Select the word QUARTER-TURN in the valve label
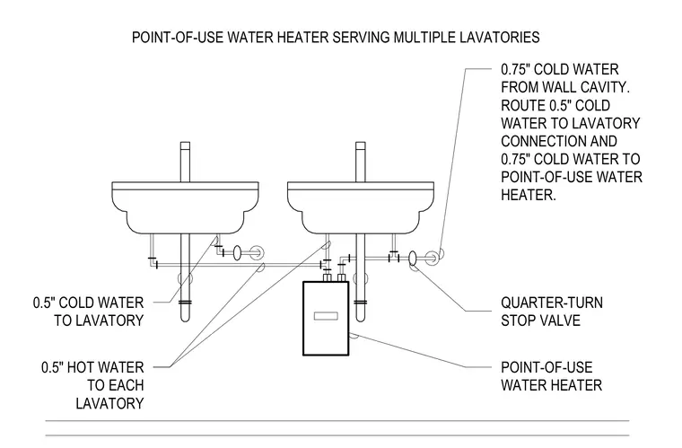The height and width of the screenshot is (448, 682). coord(552,303)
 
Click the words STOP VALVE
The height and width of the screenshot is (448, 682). coord(540,321)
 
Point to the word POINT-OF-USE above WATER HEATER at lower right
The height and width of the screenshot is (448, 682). coord(546,367)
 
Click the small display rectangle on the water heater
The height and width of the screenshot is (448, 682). coord(326,316)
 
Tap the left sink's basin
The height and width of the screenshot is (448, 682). coord(185,207)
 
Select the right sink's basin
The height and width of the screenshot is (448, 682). coord(361,207)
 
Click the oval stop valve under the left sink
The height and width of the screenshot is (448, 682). coord(237,252)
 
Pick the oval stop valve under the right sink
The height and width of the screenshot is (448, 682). coord(412,258)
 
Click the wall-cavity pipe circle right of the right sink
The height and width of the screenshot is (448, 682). coord(432,258)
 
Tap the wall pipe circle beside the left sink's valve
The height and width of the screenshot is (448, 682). coord(257,252)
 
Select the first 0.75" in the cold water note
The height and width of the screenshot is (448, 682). coord(515,70)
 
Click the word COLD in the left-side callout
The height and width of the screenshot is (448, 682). coord(77,303)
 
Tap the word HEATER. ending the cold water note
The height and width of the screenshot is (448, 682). coord(529,195)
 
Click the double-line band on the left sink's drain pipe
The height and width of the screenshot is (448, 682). coord(185,303)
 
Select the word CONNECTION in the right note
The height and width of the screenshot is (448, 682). coord(559,141)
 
